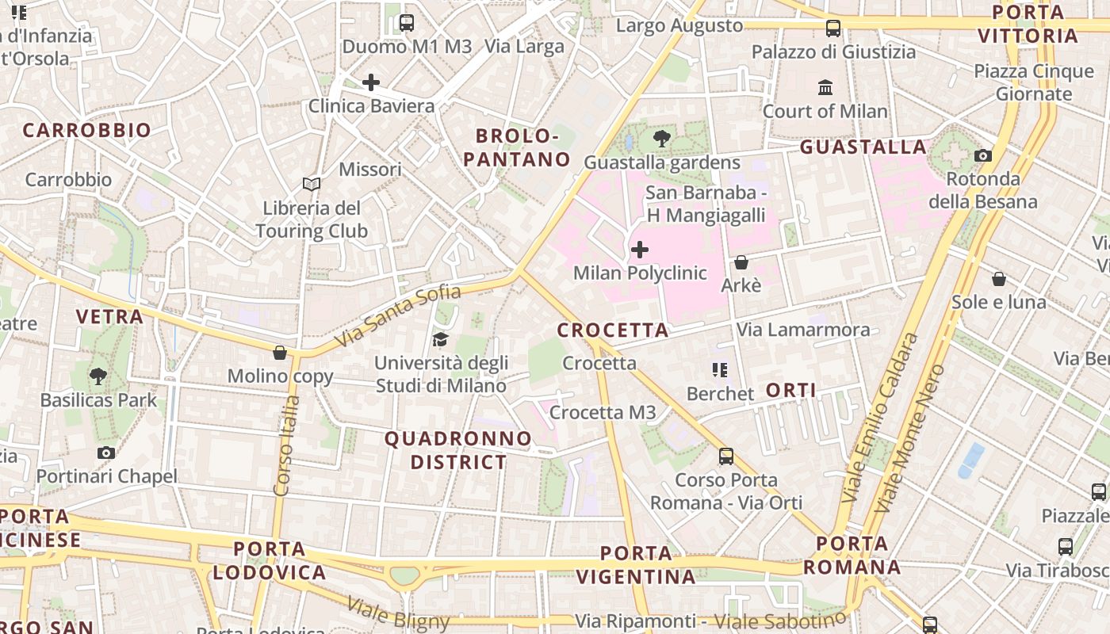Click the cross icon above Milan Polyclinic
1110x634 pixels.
click(x=639, y=250)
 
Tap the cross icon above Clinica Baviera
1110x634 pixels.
click(x=370, y=82)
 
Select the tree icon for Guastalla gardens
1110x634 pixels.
click(x=661, y=139)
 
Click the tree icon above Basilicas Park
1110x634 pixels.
click(x=98, y=376)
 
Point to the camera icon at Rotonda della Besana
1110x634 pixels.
click(x=983, y=156)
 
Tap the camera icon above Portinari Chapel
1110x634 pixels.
click(x=106, y=453)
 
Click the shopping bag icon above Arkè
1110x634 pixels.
click(x=741, y=262)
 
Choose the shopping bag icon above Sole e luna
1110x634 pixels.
click(x=999, y=279)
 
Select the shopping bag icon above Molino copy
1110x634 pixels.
click(x=279, y=353)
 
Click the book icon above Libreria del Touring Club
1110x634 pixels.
click(x=312, y=185)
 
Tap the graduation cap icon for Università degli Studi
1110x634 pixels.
click(x=440, y=340)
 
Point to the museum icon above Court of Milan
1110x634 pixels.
click(x=825, y=87)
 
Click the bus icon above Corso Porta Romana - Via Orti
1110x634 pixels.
click(x=726, y=456)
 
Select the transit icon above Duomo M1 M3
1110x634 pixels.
click(x=407, y=23)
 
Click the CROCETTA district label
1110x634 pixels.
click(x=613, y=330)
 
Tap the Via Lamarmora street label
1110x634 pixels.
click(x=803, y=330)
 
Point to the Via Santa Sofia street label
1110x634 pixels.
click(x=398, y=315)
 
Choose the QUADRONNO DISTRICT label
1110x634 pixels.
click(x=457, y=450)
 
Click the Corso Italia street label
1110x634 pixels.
click(x=286, y=445)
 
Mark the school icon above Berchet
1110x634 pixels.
click(x=720, y=370)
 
